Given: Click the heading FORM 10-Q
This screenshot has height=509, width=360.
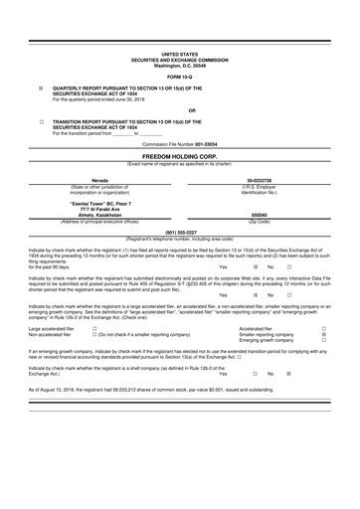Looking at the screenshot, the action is pyautogui.click(x=179, y=76).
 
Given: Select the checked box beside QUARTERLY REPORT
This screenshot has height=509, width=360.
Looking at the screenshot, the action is pyautogui.click(x=41, y=88).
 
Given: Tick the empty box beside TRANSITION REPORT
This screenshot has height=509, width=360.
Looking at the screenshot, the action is pyautogui.click(x=41, y=121).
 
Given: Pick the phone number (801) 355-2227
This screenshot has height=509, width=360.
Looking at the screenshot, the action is pyautogui.click(x=179, y=232).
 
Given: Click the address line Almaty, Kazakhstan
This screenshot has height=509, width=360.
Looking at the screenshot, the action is pyautogui.click(x=100, y=214).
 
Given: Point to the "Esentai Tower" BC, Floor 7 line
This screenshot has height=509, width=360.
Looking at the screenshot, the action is pyautogui.click(x=100, y=203).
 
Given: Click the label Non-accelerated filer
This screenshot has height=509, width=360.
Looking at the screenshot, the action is pyautogui.click(x=50, y=334).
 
